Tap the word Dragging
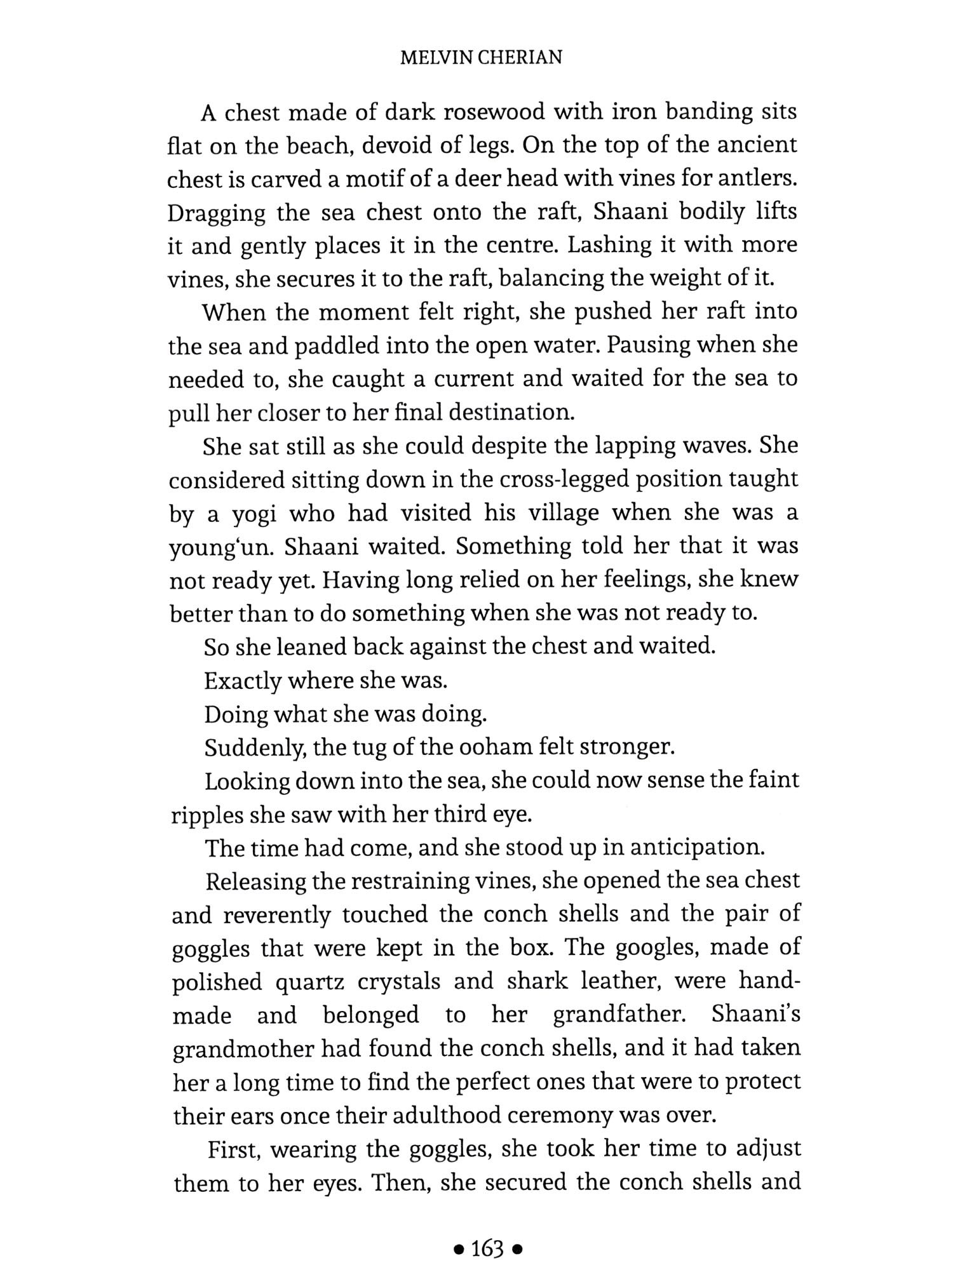(x=217, y=214)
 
